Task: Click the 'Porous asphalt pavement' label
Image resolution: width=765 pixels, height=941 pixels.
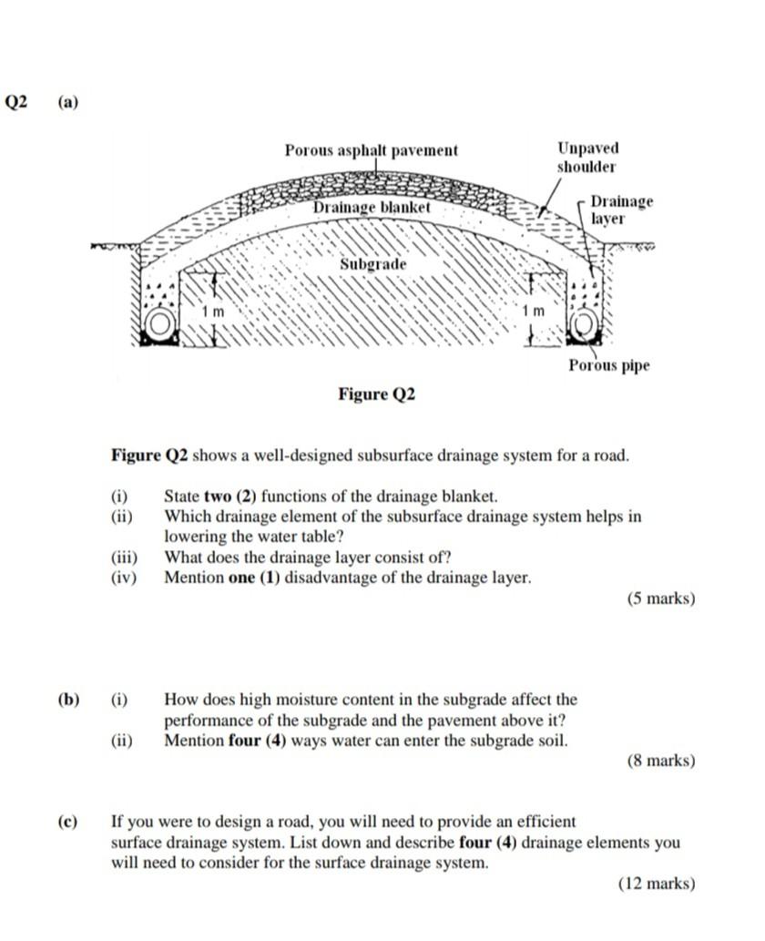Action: pyautogui.click(x=371, y=150)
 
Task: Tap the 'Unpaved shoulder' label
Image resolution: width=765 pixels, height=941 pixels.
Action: pyautogui.click(x=587, y=158)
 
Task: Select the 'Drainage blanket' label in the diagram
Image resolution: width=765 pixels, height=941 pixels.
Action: pyautogui.click(x=372, y=208)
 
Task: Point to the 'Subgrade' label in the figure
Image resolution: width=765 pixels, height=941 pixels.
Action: pyautogui.click(x=373, y=264)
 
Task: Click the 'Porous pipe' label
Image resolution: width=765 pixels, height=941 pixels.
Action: pyautogui.click(x=609, y=366)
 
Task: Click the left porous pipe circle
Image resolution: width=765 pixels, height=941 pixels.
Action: pyautogui.click(x=160, y=324)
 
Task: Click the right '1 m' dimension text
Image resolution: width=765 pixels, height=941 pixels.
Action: pyautogui.click(x=533, y=312)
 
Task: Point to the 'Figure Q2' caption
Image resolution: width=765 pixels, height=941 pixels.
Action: pyautogui.click(x=376, y=394)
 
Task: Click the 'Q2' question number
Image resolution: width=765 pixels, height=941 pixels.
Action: pyautogui.click(x=17, y=102)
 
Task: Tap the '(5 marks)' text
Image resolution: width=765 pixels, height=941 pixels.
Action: pyautogui.click(x=660, y=598)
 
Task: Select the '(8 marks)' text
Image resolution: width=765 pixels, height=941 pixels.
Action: pyautogui.click(x=660, y=760)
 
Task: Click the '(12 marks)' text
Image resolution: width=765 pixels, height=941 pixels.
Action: pyautogui.click(x=657, y=883)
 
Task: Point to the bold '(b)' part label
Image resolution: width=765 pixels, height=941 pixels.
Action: pyautogui.click(x=68, y=700)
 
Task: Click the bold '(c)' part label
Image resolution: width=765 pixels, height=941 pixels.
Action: pyautogui.click(x=68, y=821)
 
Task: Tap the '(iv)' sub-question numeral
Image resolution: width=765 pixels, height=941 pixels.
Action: pyautogui.click(x=123, y=578)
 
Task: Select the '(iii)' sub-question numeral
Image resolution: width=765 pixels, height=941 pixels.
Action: pyautogui.click(x=123, y=557)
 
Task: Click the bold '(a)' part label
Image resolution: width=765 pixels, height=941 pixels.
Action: pyautogui.click(x=68, y=102)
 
